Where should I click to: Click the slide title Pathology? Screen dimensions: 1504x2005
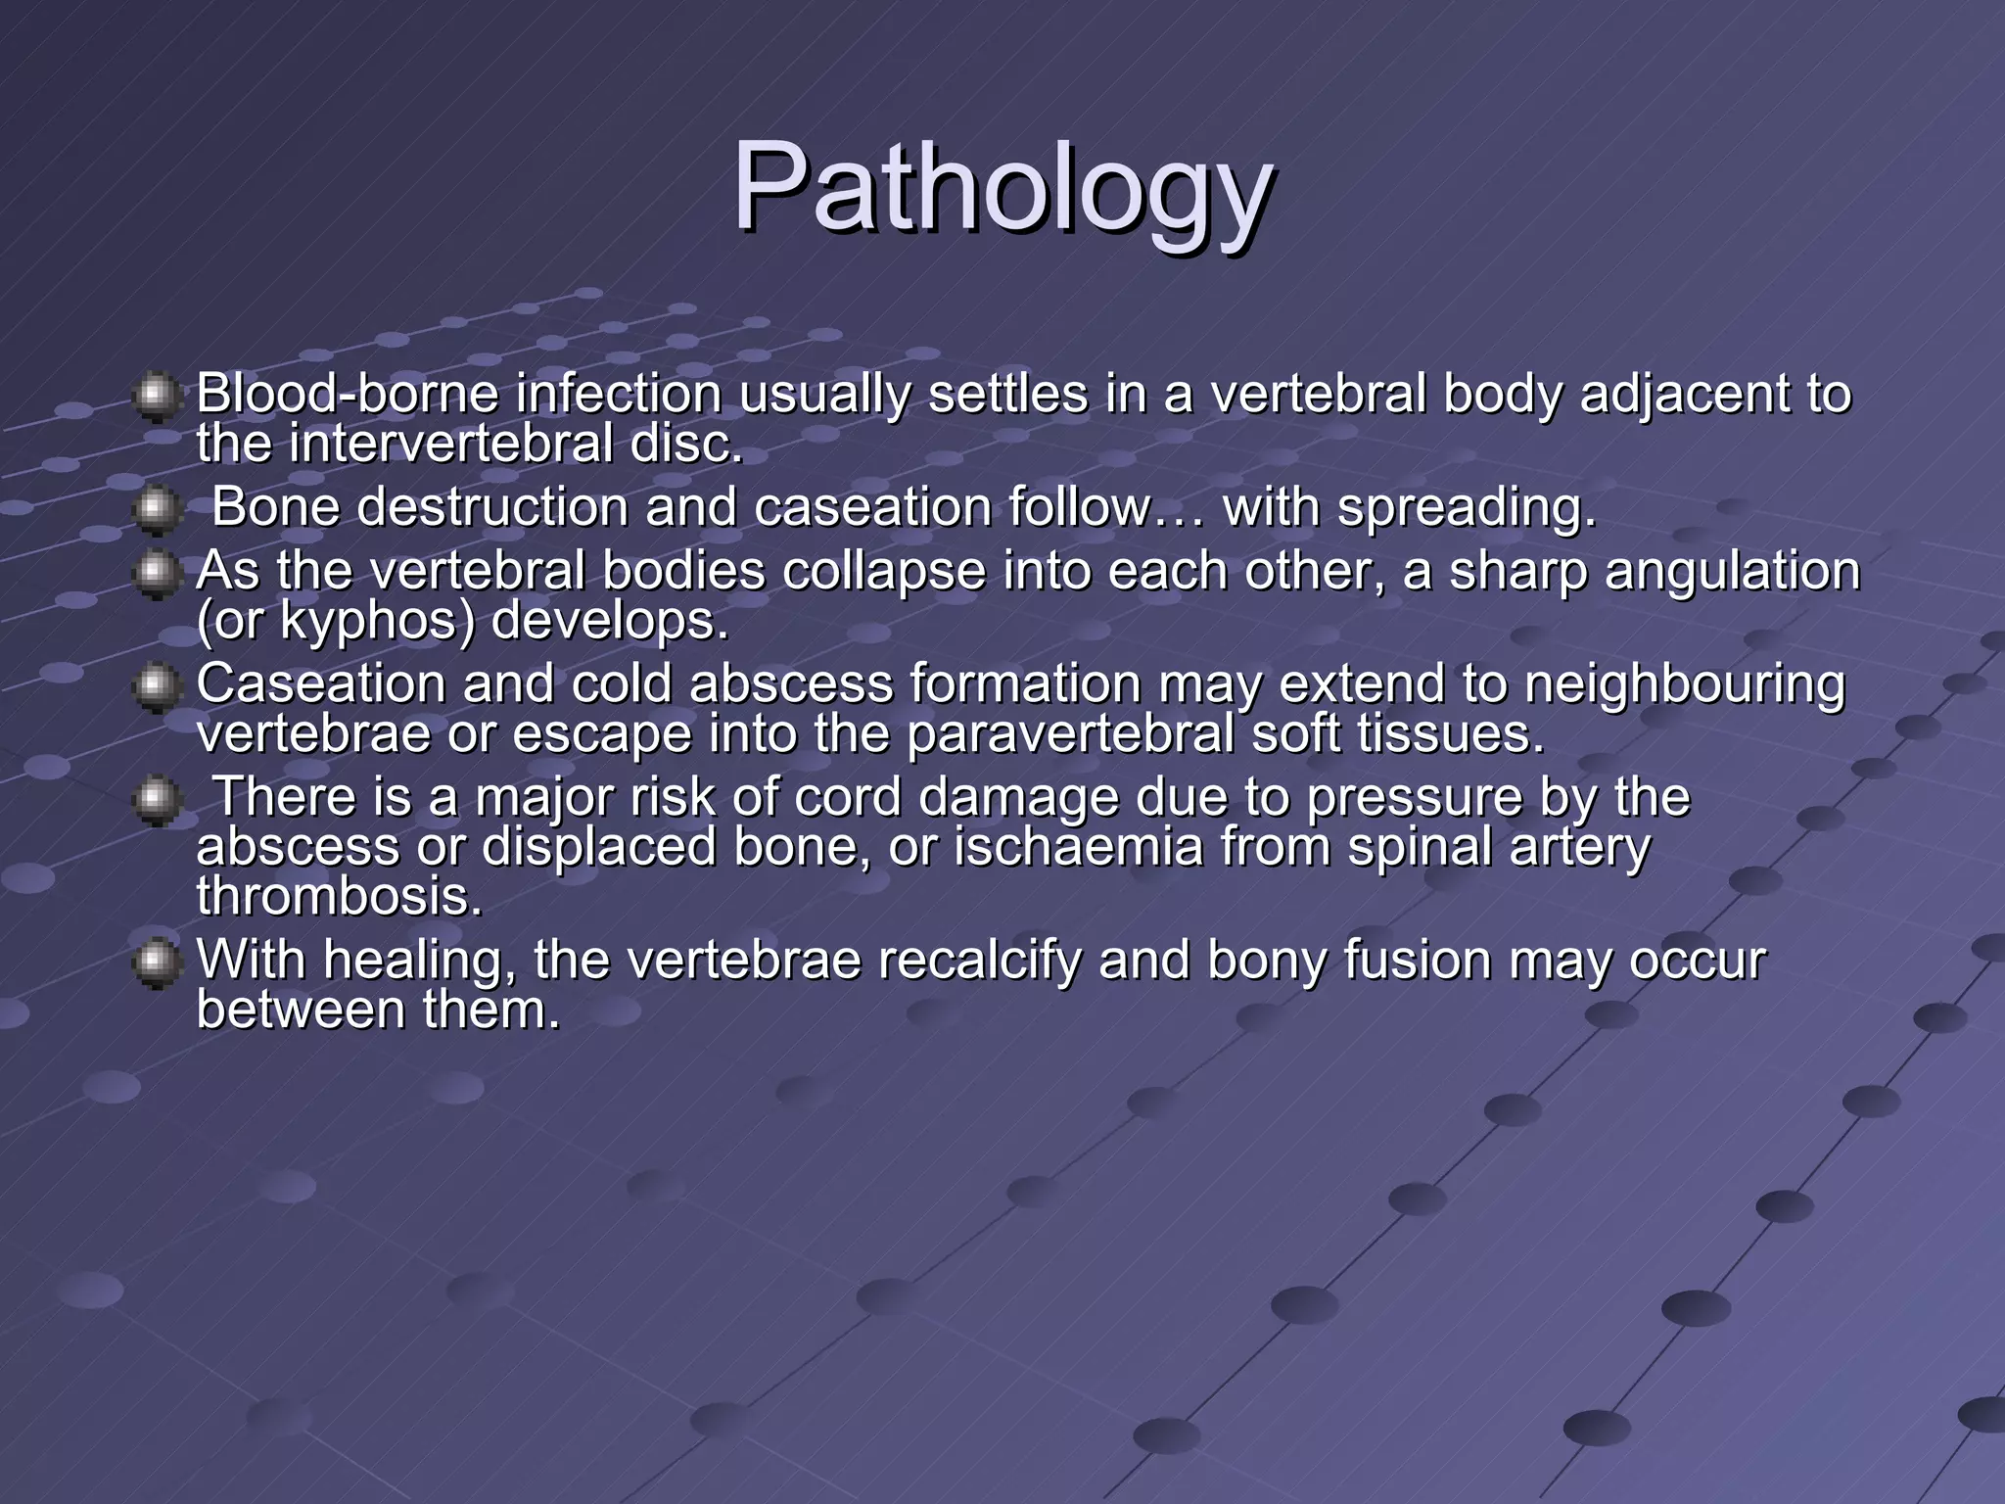1002,188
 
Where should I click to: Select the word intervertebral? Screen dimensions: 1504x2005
450,444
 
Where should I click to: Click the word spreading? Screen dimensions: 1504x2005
1466,507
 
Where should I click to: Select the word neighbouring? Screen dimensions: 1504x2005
1684,683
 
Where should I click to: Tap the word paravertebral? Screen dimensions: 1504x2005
1070,733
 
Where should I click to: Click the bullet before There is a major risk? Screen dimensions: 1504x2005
156,799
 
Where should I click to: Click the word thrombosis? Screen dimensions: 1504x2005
340,896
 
